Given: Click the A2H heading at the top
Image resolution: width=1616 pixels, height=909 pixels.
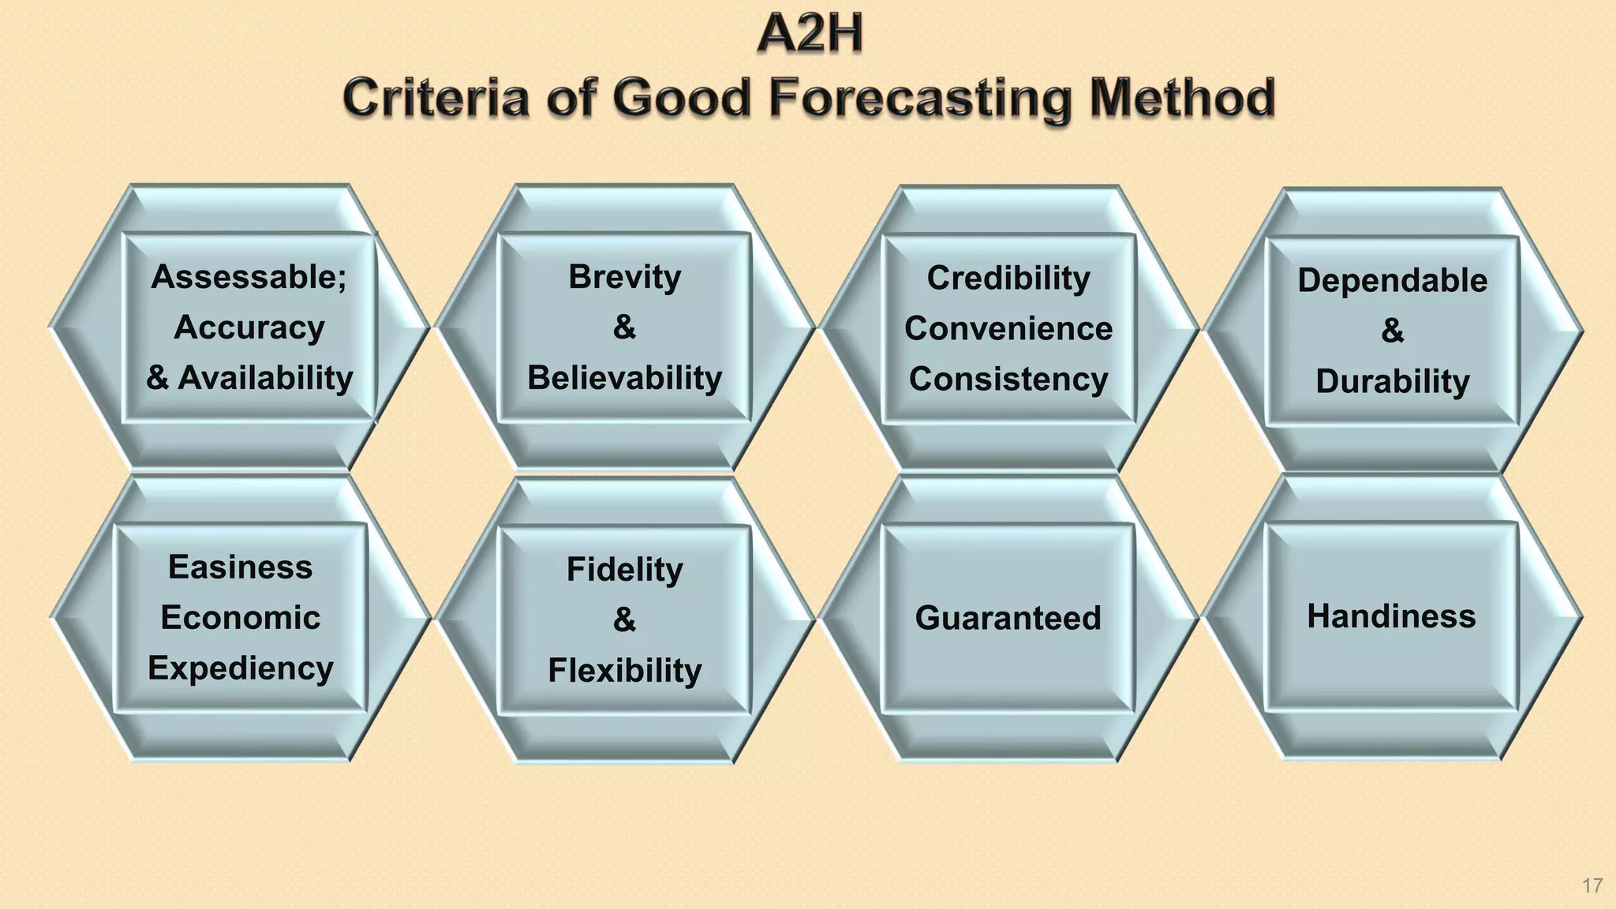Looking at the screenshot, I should (810, 35).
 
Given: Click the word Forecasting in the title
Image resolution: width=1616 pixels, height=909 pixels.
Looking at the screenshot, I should (920, 99).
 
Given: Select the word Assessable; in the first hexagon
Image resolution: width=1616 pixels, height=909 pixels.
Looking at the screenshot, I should (249, 277).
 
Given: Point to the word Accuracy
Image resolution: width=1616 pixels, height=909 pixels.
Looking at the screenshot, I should (249, 327).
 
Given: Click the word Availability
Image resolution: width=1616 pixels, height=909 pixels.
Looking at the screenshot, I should (265, 378).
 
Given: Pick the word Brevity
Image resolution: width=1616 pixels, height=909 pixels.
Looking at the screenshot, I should (624, 277).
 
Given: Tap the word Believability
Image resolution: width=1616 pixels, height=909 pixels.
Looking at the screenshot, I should (624, 378).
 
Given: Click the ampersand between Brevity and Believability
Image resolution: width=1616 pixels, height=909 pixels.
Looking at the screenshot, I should (624, 327).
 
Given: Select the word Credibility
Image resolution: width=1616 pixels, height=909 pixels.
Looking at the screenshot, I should (1008, 278).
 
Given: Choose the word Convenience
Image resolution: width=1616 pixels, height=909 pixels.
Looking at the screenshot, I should (1008, 328).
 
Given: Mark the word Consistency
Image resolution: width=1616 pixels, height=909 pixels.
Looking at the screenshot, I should (1008, 379).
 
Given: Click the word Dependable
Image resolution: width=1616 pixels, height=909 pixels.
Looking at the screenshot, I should (1392, 281).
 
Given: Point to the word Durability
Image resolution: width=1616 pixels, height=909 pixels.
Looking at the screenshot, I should (1392, 382).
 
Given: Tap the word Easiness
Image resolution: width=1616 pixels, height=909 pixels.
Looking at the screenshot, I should (240, 567).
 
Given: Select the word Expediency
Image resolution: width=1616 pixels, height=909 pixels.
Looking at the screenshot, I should (240, 668).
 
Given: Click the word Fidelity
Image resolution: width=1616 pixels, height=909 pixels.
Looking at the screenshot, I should (624, 570).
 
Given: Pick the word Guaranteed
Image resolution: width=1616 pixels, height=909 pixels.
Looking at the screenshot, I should (1008, 618).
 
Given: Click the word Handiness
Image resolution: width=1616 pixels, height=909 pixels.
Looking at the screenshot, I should (1390, 616).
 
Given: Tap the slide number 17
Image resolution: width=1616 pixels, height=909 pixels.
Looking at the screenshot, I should (1592, 885).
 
